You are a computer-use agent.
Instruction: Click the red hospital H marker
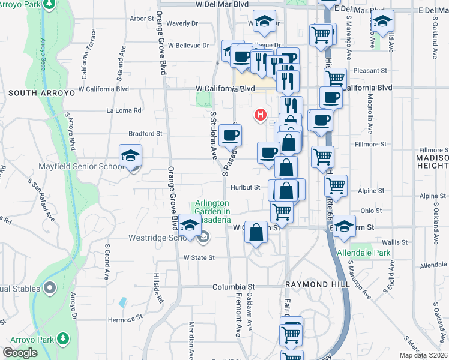[x=261, y=114]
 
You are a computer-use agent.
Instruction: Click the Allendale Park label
[x=364, y=253]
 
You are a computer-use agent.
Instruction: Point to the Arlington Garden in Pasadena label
[x=211, y=211]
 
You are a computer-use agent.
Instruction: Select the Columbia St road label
[x=234, y=287]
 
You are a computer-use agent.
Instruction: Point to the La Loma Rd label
[x=124, y=110]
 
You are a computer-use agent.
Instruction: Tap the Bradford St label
[x=145, y=134]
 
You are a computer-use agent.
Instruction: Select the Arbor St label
[x=142, y=19]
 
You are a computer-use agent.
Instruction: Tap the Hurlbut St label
[x=247, y=187]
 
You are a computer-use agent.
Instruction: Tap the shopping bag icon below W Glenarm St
[x=256, y=233]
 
